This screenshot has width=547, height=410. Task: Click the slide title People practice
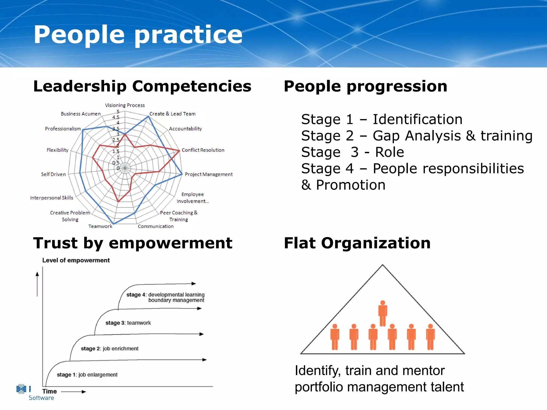click(x=138, y=35)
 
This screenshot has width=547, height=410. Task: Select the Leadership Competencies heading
click(x=142, y=86)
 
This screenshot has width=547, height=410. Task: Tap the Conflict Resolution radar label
click(x=203, y=150)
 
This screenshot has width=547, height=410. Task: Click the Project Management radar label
click(x=209, y=174)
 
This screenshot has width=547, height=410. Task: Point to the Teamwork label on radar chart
click(x=100, y=226)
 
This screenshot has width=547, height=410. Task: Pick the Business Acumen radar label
click(x=81, y=114)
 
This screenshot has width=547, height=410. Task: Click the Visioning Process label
click(x=125, y=105)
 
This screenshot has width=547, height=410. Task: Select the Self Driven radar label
click(x=53, y=174)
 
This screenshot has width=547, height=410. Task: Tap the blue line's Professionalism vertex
click(x=83, y=130)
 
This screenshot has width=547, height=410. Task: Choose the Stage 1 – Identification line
click(x=381, y=119)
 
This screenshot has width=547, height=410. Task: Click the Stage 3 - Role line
click(x=352, y=152)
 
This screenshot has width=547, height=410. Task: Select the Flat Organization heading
click(x=357, y=243)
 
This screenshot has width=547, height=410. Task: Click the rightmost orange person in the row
click(x=430, y=337)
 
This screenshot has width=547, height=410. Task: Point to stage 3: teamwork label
click(x=128, y=323)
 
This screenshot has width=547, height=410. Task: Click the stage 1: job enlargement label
click(x=87, y=374)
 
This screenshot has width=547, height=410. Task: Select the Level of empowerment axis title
click(x=76, y=260)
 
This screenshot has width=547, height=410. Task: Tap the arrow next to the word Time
click(x=74, y=392)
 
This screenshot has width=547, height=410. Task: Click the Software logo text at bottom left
click(x=41, y=398)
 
